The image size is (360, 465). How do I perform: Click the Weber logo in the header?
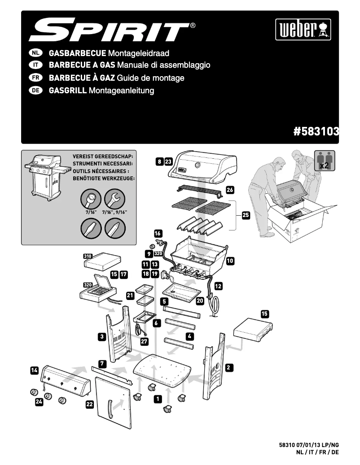point(303,30)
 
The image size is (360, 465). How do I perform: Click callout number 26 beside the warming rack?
point(230,190)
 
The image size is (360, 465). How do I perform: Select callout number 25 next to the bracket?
point(246,215)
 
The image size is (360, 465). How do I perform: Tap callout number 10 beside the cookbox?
point(230,260)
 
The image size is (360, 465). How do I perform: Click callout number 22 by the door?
point(90,404)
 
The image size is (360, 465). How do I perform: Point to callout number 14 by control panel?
point(35,370)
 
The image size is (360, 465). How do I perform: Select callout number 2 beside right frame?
point(228,368)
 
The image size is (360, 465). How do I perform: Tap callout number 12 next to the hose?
point(218,286)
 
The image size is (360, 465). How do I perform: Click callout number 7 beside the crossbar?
point(102,362)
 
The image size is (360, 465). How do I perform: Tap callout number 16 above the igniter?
point(158,233)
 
